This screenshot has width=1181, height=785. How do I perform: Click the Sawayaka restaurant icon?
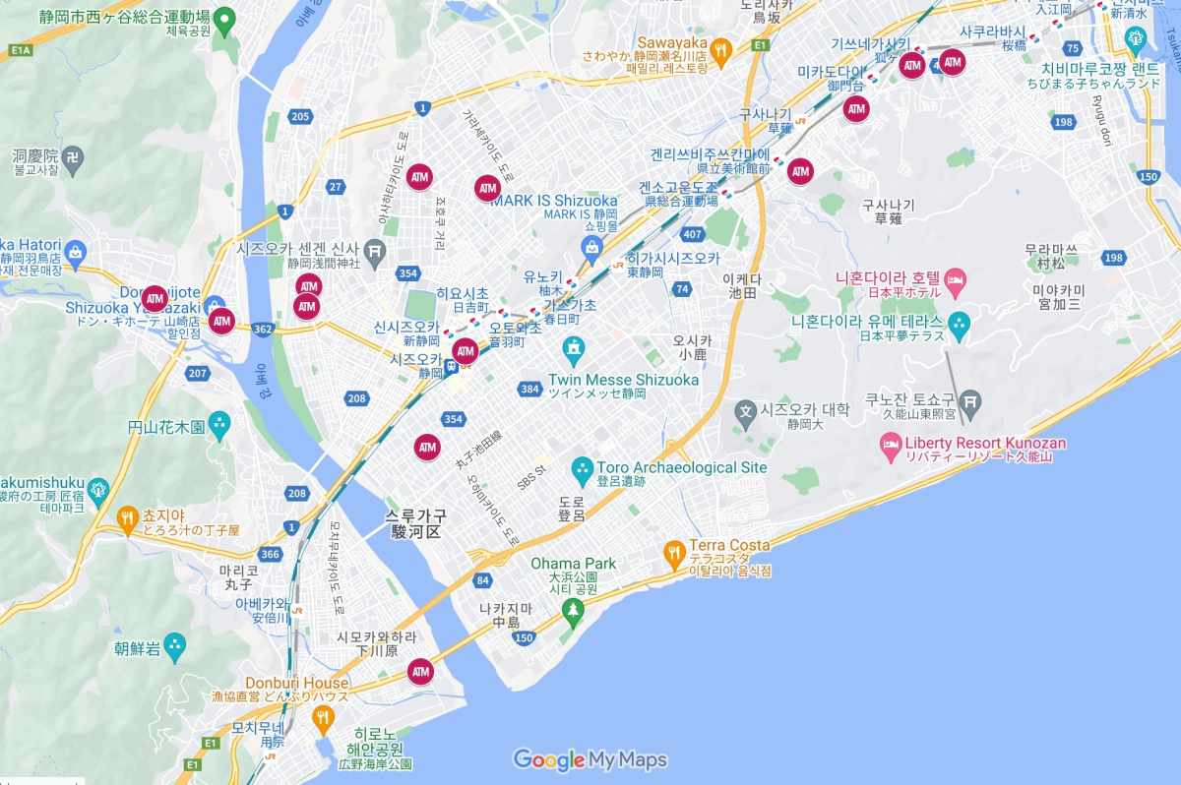pos(721,52)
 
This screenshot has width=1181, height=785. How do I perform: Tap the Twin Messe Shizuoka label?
pos(623,380)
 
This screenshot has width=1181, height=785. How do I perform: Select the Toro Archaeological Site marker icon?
pos(582,468)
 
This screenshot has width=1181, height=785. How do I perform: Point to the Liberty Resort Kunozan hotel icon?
pos(890,451)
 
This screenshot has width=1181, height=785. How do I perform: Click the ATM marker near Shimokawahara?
pos(421,672)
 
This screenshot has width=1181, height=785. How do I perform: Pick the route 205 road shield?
pos(300,117)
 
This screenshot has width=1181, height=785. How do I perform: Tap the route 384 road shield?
pos(529,390)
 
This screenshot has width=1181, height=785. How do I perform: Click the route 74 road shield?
pos(681,288)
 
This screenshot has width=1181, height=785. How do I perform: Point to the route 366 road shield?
pos(271,555)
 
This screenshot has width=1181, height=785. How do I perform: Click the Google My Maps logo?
pos(590,759)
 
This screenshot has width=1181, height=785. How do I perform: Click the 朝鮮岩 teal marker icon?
pos(175,647)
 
